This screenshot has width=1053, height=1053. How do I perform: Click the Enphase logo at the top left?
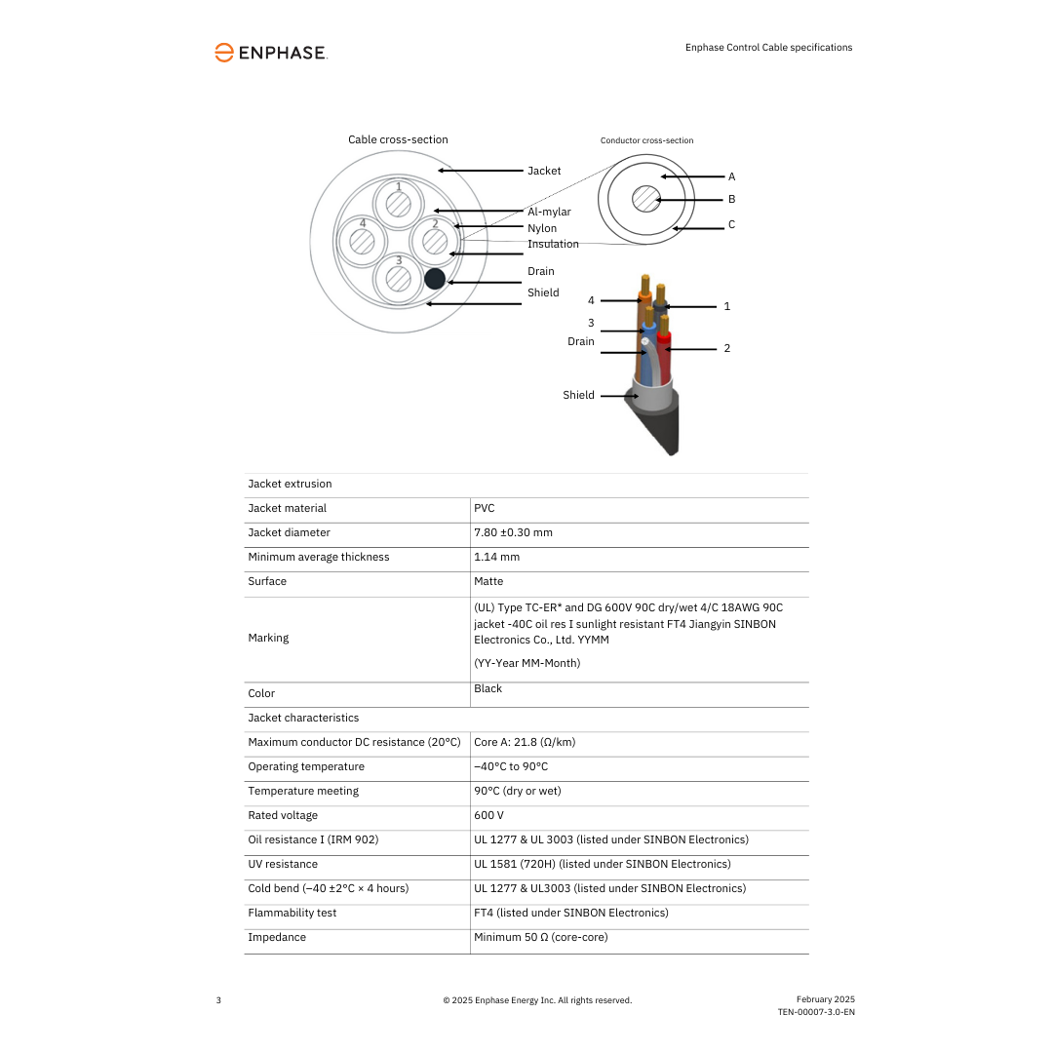point(270,53)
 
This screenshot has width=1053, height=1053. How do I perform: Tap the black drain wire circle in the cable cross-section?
point(435,279)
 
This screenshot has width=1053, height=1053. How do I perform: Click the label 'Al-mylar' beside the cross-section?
point(549,212)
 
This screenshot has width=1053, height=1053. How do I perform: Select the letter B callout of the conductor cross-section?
point(731,199)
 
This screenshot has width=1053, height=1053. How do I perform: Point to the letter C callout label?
point(731,224)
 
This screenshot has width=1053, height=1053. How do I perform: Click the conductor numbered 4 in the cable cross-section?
point(363,240)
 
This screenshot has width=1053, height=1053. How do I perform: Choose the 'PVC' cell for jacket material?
point(485,508)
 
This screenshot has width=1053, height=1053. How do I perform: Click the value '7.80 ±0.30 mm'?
point(513,532)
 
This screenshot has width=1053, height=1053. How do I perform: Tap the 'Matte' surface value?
point(488,581)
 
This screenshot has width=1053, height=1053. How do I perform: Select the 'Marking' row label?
point(268,638)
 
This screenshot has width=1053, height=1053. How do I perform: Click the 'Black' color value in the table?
point(487,688)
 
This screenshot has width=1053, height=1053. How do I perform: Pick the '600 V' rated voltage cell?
point(488,815)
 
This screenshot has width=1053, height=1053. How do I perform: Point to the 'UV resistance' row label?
point(283,864)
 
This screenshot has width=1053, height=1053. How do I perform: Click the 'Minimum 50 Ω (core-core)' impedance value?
point(540,937)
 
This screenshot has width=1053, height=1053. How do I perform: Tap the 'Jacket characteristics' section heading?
point(303,718)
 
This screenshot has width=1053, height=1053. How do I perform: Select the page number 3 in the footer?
point(218,1000)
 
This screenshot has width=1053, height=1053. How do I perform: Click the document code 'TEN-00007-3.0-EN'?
point(815,1012)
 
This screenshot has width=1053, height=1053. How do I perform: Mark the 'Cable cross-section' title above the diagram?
point(398,139)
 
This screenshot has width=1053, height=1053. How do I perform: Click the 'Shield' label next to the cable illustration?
point(578,395)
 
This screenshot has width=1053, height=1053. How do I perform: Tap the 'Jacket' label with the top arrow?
point(544,171)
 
